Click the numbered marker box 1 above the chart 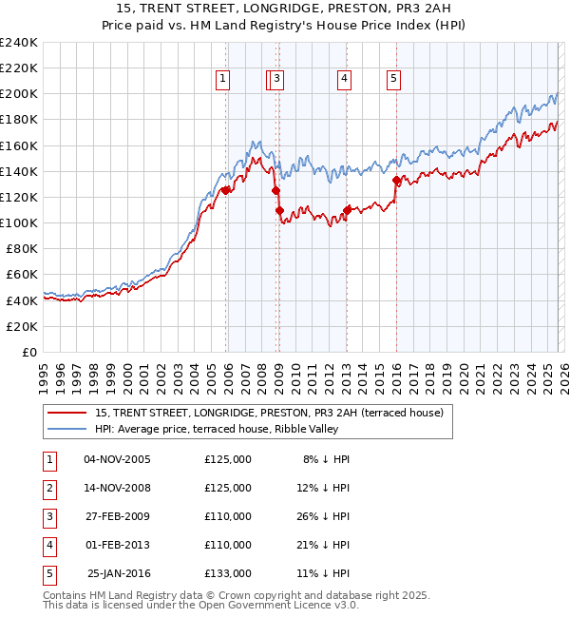pos(222,80)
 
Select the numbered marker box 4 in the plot pos(344,80)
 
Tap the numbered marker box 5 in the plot pos(393,80)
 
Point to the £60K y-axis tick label pos(22,275)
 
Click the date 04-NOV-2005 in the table pos(117,459)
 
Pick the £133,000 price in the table pos(228,573)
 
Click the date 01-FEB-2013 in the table pos(117,545)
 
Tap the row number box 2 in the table pos(49,488)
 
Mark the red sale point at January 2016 pos(396,179)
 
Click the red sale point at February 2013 pos(347,209)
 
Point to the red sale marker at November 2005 pos(225,190)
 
